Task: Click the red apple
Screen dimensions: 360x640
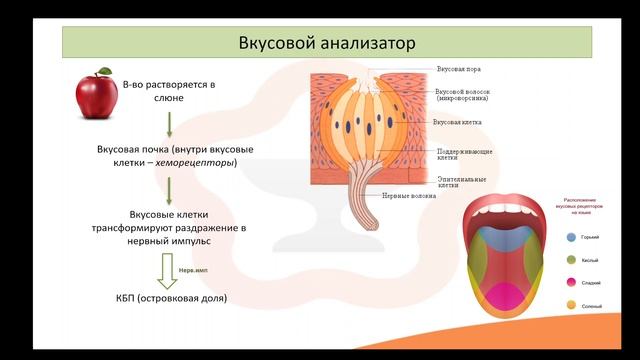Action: coord(97,95)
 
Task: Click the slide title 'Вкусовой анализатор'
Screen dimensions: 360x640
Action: coord(326,44)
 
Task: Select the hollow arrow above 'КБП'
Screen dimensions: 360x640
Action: coord(169,270)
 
